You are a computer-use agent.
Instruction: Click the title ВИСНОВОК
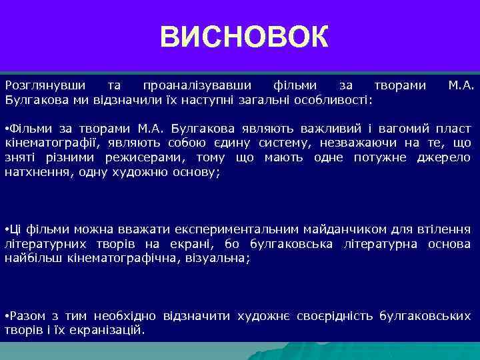pyautogui.click(x=244, y=38)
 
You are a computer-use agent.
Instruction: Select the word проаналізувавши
pyautogui.click(x=197, y=86)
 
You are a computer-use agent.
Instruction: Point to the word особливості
pyautogui.click(x=337, y=99)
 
